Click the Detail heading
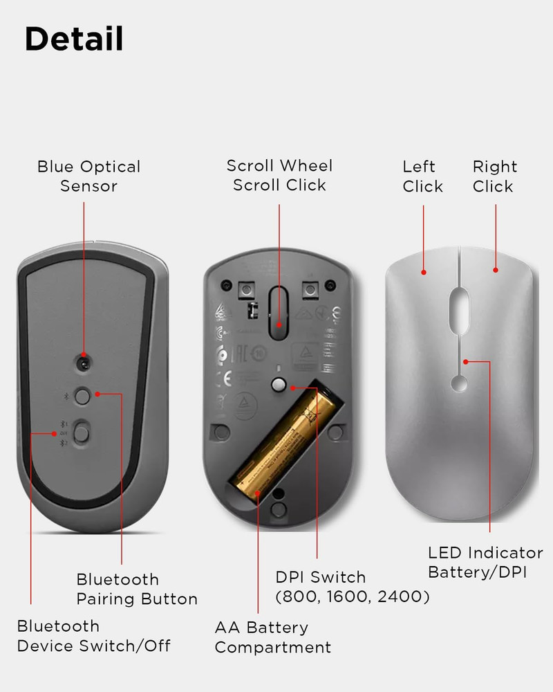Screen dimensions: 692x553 coord(74,40)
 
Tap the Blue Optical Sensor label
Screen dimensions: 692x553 coord(88,176)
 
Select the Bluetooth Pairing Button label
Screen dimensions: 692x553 coord(137,589)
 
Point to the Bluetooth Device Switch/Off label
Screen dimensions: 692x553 coord(93,636)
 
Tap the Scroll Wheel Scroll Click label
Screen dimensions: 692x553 coord(279,176)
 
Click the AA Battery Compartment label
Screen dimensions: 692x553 coord(272,637)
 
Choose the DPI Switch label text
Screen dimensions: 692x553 coord(321,577)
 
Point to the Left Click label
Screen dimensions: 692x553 coord(422,176)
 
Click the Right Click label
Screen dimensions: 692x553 coord(495,176)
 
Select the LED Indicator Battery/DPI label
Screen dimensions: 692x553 coord(485,563)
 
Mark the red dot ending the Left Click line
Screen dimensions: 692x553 coord(424,272)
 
